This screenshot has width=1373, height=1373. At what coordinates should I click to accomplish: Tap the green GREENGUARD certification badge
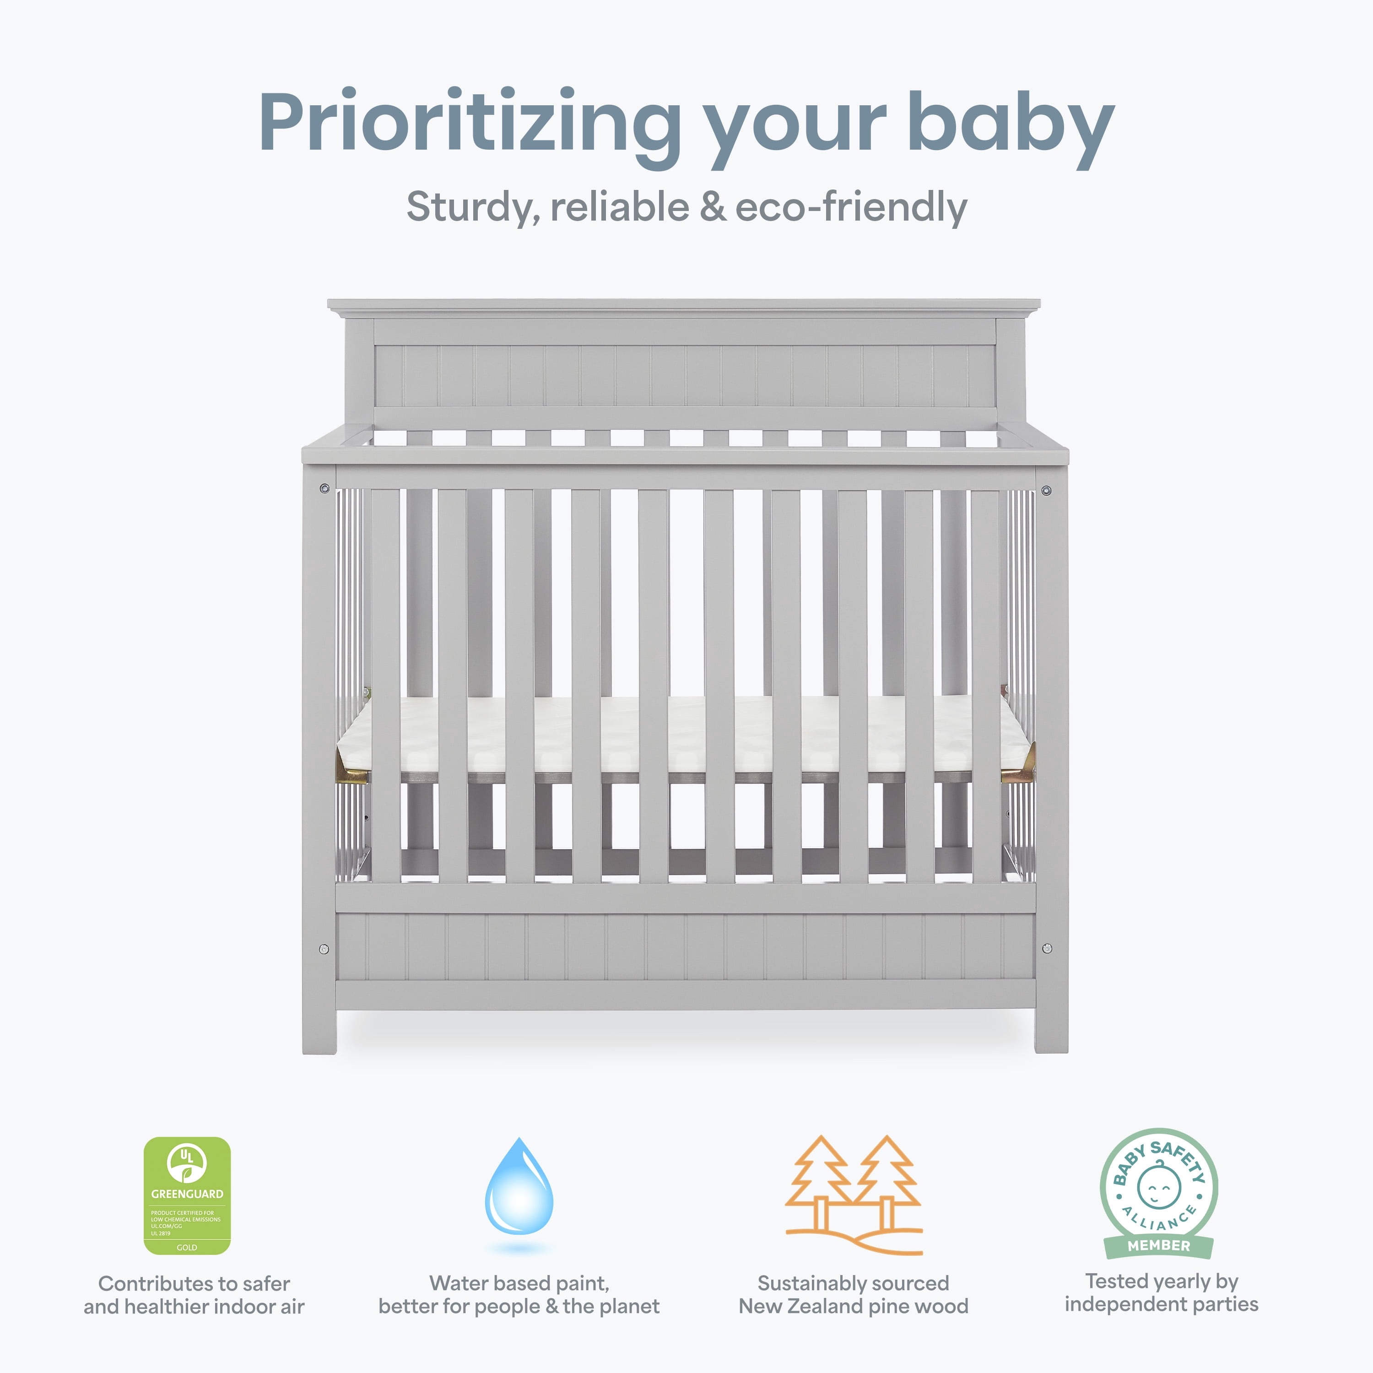coord(187,1196)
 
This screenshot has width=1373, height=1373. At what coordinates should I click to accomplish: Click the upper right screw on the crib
coord(1046,490)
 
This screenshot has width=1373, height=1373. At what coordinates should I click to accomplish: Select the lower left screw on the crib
coord(324,949)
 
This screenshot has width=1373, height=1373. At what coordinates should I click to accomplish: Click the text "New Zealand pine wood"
coord(854,1306)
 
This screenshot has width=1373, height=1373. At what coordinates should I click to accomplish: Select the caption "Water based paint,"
coord(519,1283)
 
